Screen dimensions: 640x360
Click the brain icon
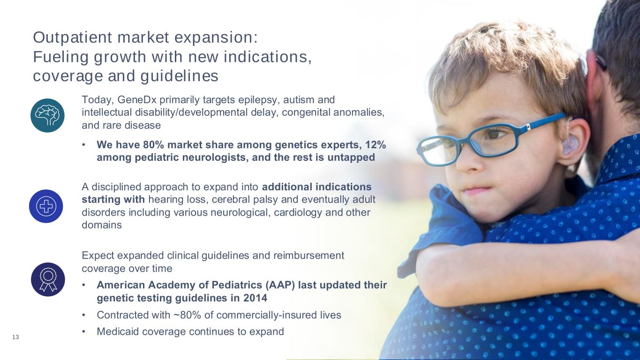[47, 115]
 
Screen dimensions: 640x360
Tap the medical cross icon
[46, 206]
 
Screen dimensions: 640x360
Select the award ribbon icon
[48, 279]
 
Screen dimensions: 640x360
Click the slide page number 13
[15, 337]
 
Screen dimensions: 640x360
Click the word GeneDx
[137, 100]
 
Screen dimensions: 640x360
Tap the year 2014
[255, 298]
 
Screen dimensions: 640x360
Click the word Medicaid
[118, 331]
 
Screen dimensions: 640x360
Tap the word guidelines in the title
[179, 76]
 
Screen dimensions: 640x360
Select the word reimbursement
[309, 255]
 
